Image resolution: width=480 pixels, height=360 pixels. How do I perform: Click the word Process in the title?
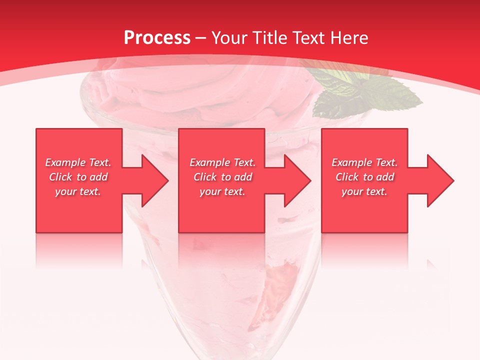pyautogui.click(x=157, y=38)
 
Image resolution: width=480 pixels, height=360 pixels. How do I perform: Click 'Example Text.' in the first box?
pyautogui.click(x=78, y=162)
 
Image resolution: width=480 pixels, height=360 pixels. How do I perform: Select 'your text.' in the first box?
pyautogui.click(x=78, y=191)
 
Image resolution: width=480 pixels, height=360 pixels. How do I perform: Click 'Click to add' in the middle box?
pyautogui.click(x=222, y=177)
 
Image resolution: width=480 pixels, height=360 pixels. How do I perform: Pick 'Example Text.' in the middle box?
pyautogui.click(x=222, y=162)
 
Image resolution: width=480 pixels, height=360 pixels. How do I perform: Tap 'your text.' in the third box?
pyautogui.click(x=364, y=191)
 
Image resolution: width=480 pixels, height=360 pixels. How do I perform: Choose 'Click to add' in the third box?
pyautogui.click(x=364, y=177)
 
